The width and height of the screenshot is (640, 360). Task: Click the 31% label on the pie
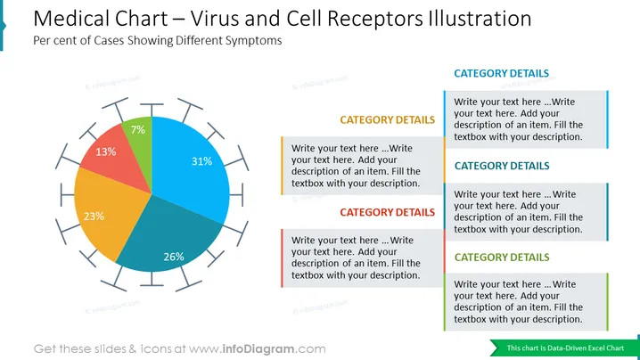(x=201, y=161)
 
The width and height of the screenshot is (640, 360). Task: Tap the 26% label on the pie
(x=174, y=257)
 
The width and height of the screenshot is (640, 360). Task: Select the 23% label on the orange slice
(x=94, y=217)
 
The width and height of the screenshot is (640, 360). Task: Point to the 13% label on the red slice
(x=106, y=151)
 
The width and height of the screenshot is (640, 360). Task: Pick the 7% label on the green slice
(x=137, y=130)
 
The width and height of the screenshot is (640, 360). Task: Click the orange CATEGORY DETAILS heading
(x=388, y=120)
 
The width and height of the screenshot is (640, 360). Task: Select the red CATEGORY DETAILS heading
(x=388, y=212)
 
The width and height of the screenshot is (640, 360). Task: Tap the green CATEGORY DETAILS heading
(x=502, y=258)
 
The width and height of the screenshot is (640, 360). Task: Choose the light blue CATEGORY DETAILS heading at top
(x=501, y=73)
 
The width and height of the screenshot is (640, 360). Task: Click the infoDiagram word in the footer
(x=258, y=349)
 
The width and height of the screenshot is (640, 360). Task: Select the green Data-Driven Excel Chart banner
(x=563, y=348)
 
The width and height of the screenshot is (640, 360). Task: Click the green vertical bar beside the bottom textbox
(x=607, y=301)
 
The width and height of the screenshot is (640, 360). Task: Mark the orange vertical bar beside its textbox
(x=282, y=166)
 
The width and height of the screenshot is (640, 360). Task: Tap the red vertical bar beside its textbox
(x=282, y=258)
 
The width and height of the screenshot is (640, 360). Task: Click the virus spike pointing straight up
(x=152, y=110)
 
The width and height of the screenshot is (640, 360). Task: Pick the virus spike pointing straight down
(x=152, y=279)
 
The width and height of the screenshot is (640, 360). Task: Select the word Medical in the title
(x=72, y=19)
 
